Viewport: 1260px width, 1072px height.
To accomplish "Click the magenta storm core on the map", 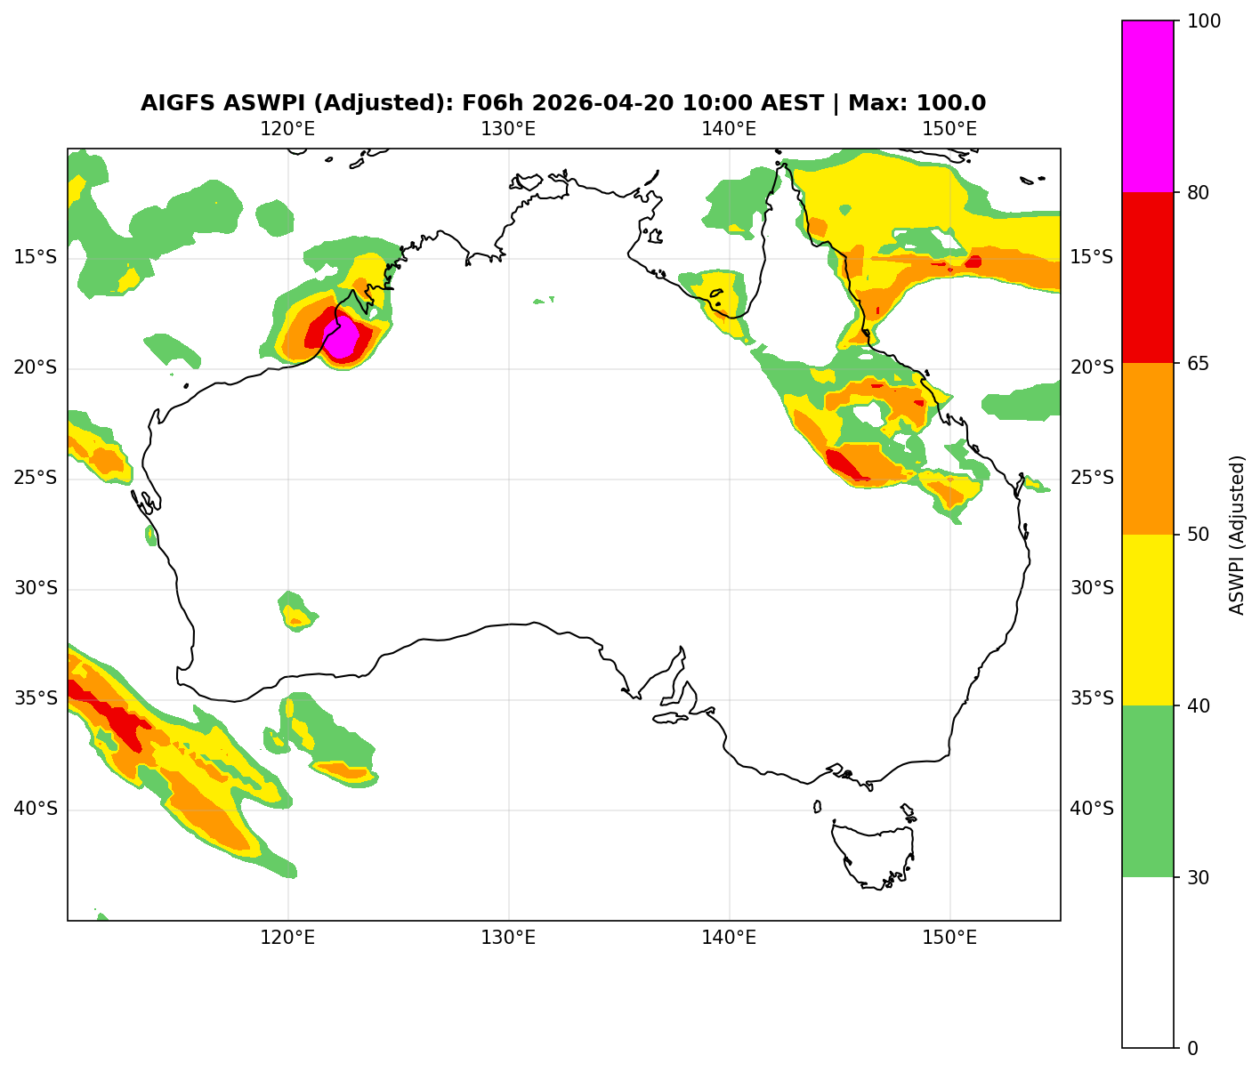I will tap(343, 337).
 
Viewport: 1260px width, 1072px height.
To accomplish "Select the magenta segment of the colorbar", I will tap(1148, 106).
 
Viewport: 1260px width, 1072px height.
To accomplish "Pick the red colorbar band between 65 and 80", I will tap(1148, 278).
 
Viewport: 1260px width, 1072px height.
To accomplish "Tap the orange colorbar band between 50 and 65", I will tap(1148, 448).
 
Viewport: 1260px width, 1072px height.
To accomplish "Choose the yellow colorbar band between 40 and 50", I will tap(1148, 620).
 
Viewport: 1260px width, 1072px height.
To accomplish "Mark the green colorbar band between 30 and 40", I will tap(1148, 791).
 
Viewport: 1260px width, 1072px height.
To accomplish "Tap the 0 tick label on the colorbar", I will tap(1192, 1048).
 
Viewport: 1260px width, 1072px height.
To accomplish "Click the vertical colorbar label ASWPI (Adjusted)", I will tap(1237, 535).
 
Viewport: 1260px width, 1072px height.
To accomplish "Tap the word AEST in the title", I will tap(787, 103).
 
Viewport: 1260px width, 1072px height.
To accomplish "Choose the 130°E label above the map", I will tap(508, 129).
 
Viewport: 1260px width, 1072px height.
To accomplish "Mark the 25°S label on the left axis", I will tap(36, 479).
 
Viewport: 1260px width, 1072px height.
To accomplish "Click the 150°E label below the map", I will tap(949, 938).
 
